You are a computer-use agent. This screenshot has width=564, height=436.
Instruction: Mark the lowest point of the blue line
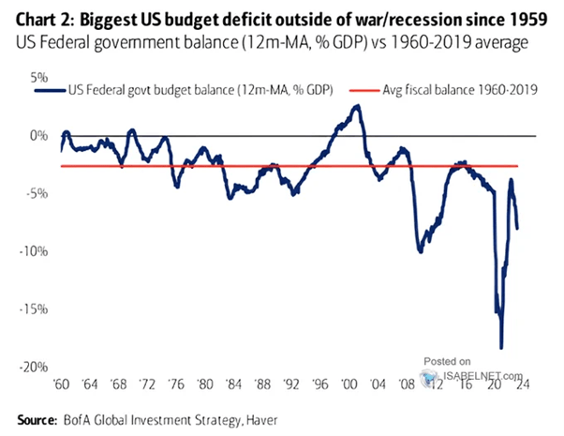(501, 348)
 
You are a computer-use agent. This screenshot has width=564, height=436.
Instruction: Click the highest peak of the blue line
(357, 106)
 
